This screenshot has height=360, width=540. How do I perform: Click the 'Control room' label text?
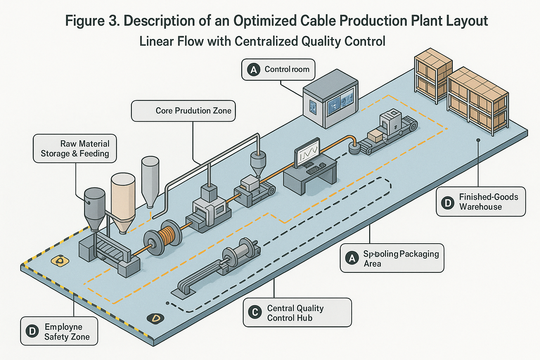click(x=287, y=69)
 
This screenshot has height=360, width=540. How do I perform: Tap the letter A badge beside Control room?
click(x=253, y=70)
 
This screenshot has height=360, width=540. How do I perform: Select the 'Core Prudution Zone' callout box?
click(x=183, y=111)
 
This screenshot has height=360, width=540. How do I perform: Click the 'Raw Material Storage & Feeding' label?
click(x=75, y=149)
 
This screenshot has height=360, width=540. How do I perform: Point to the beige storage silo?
click(x=123, y=200)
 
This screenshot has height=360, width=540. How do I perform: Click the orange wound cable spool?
click(x=168, y=236)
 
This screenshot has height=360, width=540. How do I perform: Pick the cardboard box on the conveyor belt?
click(x=375, y=136)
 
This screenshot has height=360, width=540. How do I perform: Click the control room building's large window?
click(x=340, y=102)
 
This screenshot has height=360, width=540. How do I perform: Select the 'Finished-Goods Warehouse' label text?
click(x=488, y=202)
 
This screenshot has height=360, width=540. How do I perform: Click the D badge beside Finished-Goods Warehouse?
click(x=448, y=203)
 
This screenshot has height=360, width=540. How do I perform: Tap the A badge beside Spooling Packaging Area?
click(x=352, y=258)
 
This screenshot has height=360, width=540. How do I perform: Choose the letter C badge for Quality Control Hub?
click(x=255, y=312)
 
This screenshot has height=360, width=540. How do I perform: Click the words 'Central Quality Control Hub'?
click(x=295, y=313)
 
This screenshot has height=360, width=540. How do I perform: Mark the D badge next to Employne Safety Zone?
click(x=32, y=331)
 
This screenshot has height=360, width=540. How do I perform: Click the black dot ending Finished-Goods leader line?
click(x=478, y=140)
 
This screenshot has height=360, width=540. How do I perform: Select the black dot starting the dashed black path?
click(x=168, y=303)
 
